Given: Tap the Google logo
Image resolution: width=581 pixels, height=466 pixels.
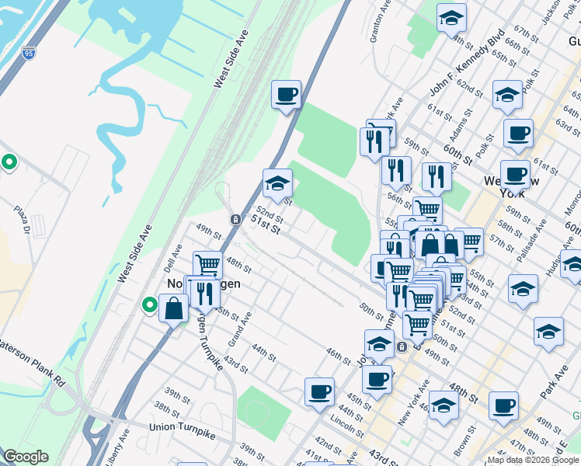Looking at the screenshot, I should [x=25, y=457].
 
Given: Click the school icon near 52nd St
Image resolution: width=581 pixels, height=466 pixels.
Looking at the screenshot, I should [x=277, y=184].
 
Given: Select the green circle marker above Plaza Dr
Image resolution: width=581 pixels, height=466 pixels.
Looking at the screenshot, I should [x=9, y=162].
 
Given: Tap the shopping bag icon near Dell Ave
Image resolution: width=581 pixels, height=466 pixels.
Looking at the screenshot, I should [x=172, y=308].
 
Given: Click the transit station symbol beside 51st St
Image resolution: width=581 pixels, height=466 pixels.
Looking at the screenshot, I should [x=235, y=220].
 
